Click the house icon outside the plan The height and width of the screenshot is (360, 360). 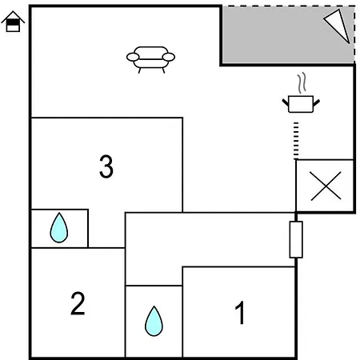(13, 22)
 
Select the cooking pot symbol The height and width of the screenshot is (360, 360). (301, 104)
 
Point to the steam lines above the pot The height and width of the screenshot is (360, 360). (302, 82)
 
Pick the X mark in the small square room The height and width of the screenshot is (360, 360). (326, 186)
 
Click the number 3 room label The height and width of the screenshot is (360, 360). (106, 166)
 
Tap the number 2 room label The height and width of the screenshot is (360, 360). (78, 303)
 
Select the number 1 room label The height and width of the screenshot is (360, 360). (240, 312)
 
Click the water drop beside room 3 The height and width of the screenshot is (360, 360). (59, 228)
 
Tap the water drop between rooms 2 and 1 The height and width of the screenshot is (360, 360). (154, 322)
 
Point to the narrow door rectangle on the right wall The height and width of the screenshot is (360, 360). (296, 239)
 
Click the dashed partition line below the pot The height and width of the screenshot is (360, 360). (296, 141)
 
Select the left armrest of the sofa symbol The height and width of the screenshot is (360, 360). (133, 57)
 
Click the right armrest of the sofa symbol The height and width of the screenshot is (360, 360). (169, 57)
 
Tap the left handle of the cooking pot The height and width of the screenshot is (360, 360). (286, 102)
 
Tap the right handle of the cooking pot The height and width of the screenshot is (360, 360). (316, 102)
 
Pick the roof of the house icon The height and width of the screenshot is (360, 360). (13, 17)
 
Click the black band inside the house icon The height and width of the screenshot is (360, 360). (13, 22)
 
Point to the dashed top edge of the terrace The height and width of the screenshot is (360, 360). (289, 6)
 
